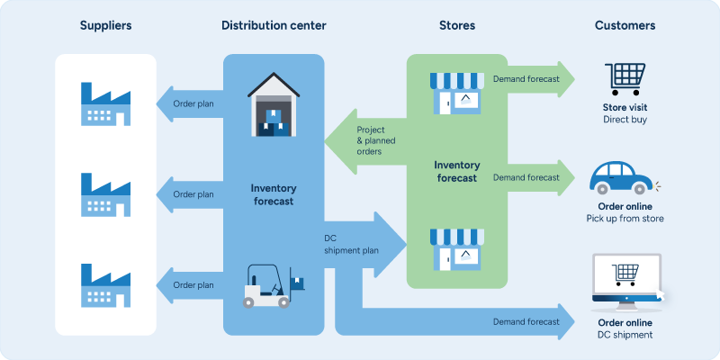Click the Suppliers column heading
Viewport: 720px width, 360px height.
pyautogui.click(x=105, y=25)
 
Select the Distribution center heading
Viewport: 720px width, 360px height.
pyautogui.click(x=274, y=25)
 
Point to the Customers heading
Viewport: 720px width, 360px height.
pyautogui.click(x=625, y=25)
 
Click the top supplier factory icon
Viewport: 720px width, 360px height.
pyautogui.click(x=104, y=103)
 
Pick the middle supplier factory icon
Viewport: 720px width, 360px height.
pyautogui.click(x=104, y=194)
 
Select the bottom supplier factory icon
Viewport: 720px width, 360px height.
pyautogui.click(x=104, y=285)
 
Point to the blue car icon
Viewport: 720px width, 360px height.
pyautogui.click(x=623, y=178)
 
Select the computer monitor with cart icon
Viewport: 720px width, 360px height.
pyautogui.click(x=625, y=279)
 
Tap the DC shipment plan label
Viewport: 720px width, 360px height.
pyautogui.click(x=353, y=245)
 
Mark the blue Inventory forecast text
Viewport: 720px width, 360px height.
pyautogui.click(x=274, y=194)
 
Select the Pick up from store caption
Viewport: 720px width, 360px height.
pyautogui.click(x=625, y=219)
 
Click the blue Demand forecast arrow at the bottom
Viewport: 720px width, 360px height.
pyautogui.click(x=526, y=321)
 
